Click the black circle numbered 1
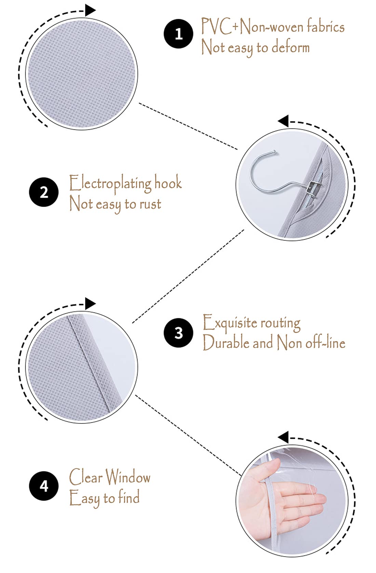(178, 33)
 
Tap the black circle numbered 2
(44, 192)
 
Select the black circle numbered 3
(178, 333)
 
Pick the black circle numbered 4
(44, 486)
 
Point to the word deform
(291, 47)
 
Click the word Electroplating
(110, 183)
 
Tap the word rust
(150, 204)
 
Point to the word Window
(128, 477)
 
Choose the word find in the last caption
(129, 497)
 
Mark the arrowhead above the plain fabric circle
(91, 10)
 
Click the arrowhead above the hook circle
(283, 121)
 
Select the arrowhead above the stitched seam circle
(91, 304)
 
